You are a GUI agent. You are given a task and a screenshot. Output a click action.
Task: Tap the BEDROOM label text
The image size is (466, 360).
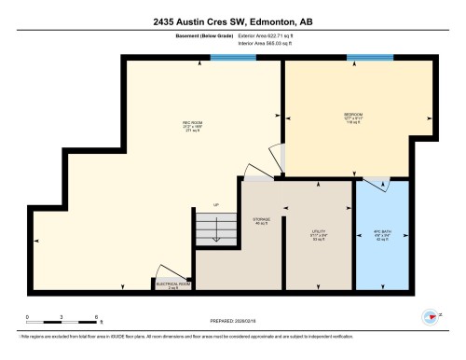pos(353,118)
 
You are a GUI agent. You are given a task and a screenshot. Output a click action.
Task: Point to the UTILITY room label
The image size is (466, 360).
pos(317,232)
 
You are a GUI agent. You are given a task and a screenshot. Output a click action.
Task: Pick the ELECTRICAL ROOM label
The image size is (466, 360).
pos(173,285)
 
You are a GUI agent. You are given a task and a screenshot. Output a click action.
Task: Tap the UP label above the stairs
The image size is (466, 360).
pos(216,206)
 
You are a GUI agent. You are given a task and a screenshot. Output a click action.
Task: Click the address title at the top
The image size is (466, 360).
pos(231,21)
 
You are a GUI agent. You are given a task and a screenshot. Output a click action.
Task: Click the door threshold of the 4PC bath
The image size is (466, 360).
pos(377,179)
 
